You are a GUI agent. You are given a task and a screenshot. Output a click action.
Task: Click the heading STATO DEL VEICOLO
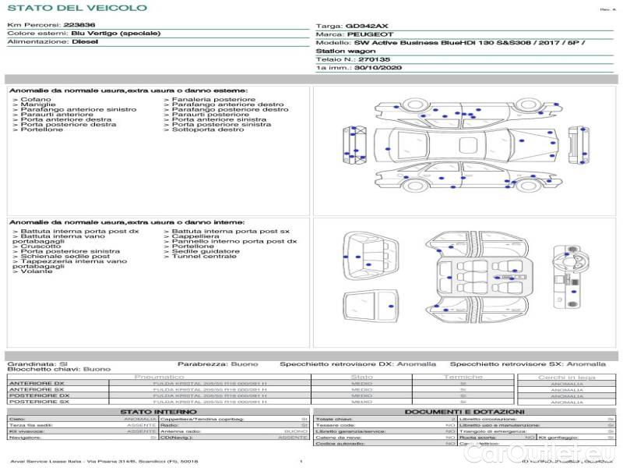pyautogui.click(x=77, y=8)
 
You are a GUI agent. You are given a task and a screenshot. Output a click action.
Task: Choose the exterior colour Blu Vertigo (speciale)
pyautogui.click(x=116, y=34)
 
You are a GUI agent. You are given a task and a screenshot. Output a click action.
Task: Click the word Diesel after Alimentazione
pyautogui.click(x=85, y=42)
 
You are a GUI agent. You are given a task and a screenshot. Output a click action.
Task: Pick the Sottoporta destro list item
pyautogui.click(x=204, y=129)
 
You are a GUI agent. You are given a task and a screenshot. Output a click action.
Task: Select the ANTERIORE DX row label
pyautogui.click(x=37, y=383)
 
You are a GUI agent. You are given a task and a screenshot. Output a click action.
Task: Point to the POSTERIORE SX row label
pyautogui.click(x=38, y=402)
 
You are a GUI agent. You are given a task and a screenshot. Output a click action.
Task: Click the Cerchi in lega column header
pyautogui.click(x=566, y=377)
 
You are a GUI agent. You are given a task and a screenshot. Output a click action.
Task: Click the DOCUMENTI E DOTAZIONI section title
pyautogui.click(x=464, y=411)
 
